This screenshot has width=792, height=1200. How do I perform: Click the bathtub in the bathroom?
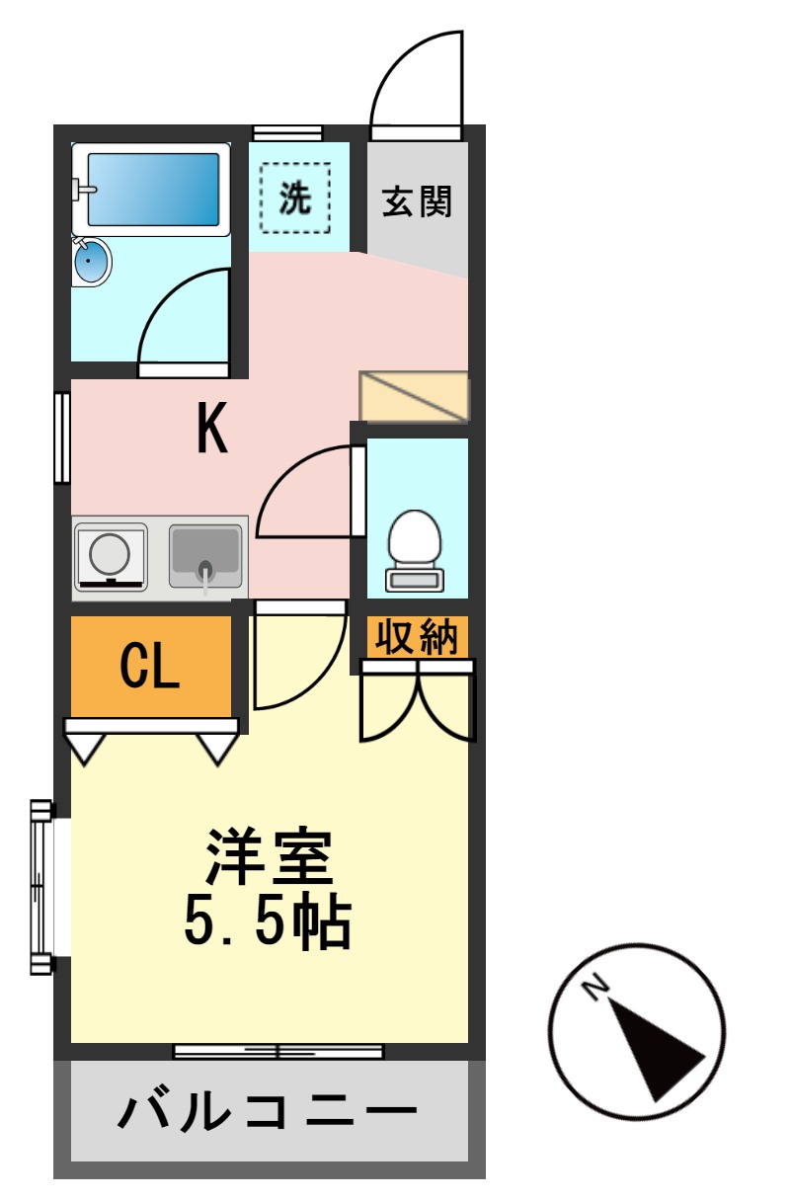point(152,189)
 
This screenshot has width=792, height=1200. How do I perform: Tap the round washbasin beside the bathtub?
point(92,263)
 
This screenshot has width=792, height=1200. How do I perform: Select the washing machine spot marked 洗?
point(295,199)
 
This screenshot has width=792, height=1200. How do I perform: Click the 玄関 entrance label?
point(417,201)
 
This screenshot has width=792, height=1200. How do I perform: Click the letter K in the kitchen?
point(212,431)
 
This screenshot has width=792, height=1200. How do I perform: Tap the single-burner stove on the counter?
point(111,556)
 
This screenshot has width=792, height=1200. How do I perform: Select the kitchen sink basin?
point(205,551)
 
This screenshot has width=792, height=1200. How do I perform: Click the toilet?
point(415,548)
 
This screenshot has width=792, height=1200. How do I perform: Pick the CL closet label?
point(149,668)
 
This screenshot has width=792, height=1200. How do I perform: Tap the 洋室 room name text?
point(269,856)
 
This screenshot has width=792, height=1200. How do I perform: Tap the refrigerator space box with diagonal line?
point(414,396)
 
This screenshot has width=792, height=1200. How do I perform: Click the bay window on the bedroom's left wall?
point(41,886)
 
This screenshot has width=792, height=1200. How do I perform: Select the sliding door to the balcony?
point(277,1051)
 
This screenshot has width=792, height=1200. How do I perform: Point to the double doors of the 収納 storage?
point(418,701)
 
